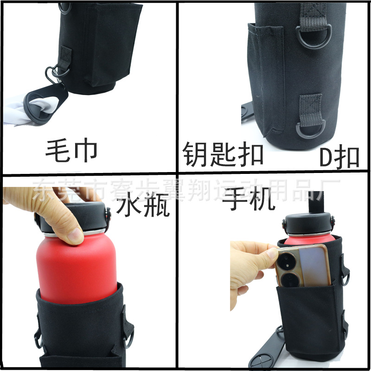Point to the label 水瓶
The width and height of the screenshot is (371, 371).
(143, 206)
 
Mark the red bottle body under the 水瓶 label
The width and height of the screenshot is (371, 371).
(77, 264)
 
